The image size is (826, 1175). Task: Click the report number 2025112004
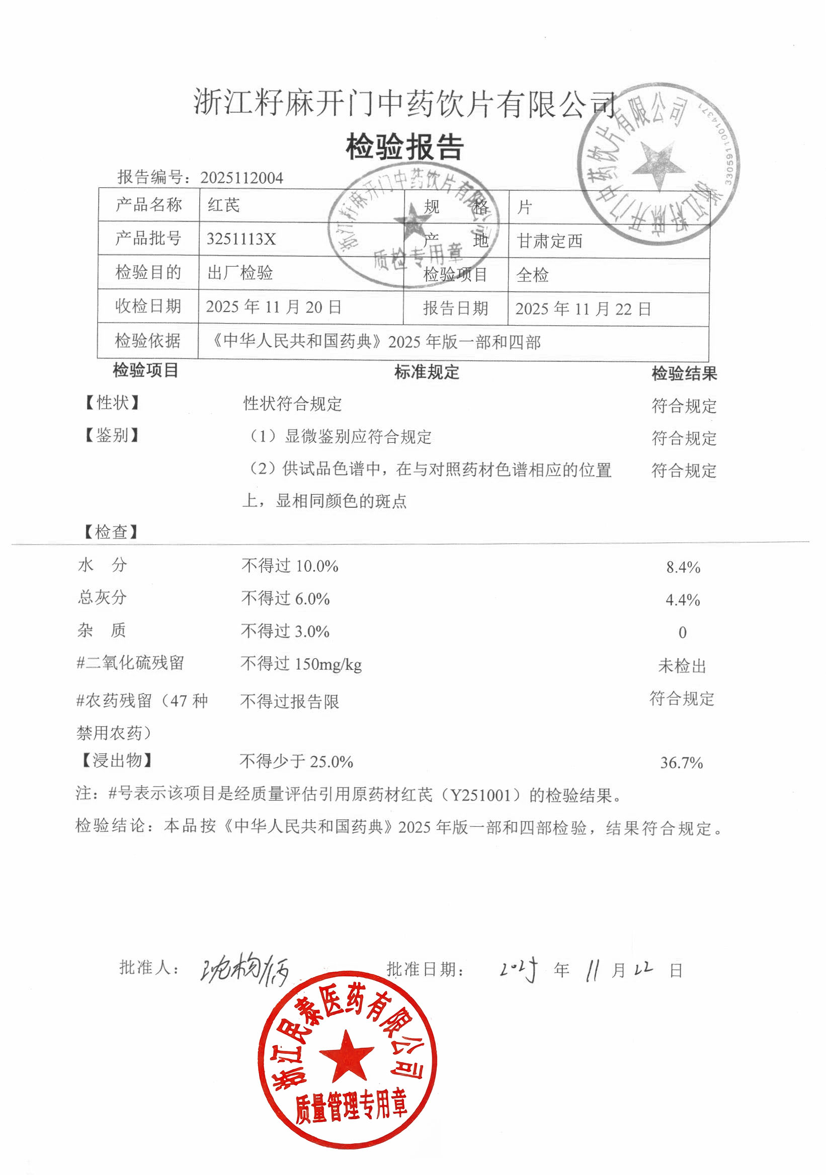coord(241,178)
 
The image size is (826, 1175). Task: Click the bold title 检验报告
coord(404,147)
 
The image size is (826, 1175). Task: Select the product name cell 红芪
coord(223,205)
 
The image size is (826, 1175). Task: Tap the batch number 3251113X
coord(241,239)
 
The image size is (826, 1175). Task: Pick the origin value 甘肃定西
coord(549,241)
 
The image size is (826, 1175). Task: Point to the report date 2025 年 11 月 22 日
coord(583,308)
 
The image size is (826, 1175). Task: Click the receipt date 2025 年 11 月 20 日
coord(273,306)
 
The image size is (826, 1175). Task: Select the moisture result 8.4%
coord(683,567)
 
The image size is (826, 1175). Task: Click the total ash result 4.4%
coord(682,600)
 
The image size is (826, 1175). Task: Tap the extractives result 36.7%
coord(681,763)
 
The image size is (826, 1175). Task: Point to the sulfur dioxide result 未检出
coord(682,666)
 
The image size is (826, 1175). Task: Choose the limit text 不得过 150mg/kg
coord(301,664)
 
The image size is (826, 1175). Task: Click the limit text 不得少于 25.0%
coord(296,761)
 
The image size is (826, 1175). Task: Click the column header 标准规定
coord(427,372)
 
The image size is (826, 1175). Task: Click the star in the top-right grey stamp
coord(658,164)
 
